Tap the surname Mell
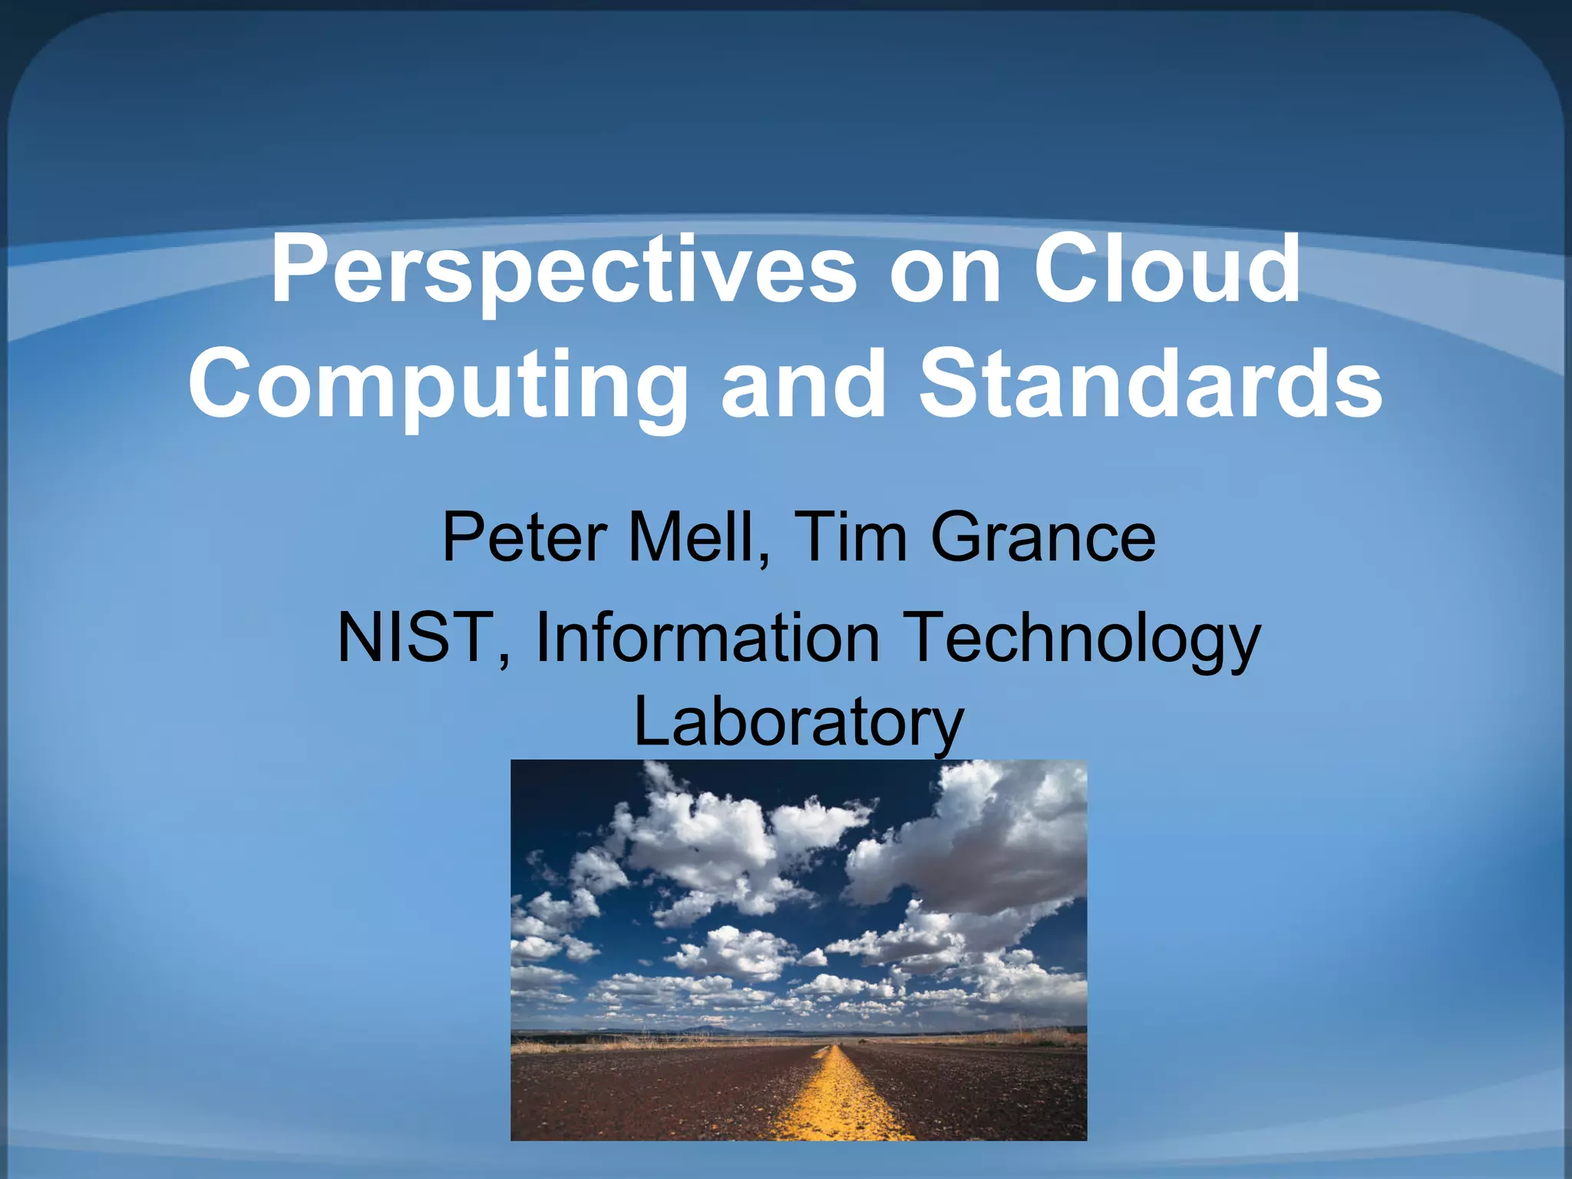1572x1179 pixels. click(692, 537)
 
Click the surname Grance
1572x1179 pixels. click(1043, 537)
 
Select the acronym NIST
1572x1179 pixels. click(415, 637)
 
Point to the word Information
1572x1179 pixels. click(707, 637)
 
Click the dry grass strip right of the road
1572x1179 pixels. click(998, 1039)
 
